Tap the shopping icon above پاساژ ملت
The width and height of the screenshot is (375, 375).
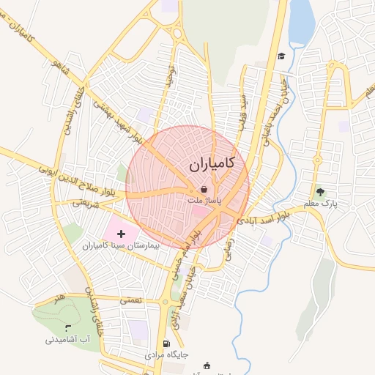click(x=204, y=189)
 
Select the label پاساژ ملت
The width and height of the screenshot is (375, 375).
click(x=204, y=200)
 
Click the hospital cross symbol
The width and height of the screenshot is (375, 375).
click(x=121, y=234)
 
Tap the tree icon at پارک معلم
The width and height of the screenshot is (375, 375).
click(x=320, y=192)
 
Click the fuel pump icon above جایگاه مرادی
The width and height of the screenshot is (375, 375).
click(x=166, y=344)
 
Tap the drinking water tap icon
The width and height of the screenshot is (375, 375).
click(x=68, y=328)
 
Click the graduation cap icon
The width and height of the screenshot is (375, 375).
click(x=281, y=56)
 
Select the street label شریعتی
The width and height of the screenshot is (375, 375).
click(x=86, y=204)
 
